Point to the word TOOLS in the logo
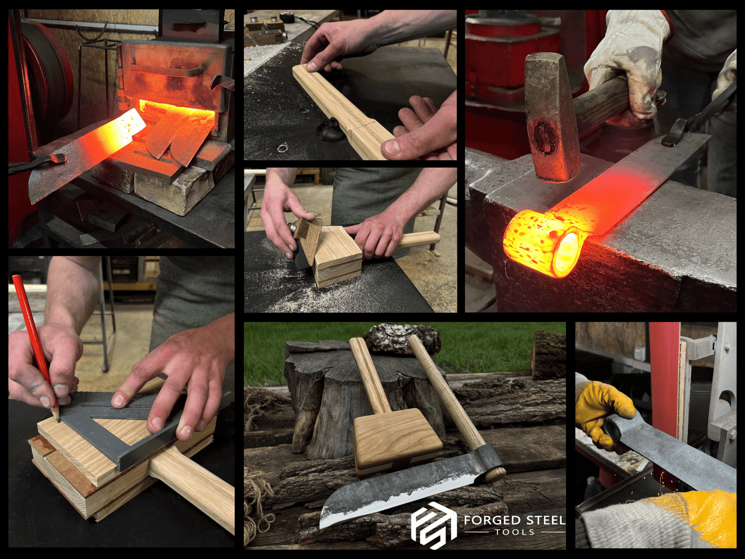pyautogui.click(x=515, y=532)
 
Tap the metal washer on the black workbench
pyautogui.click(x=282, y=149)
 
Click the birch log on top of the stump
pyautogui.click(x=402, y=338)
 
